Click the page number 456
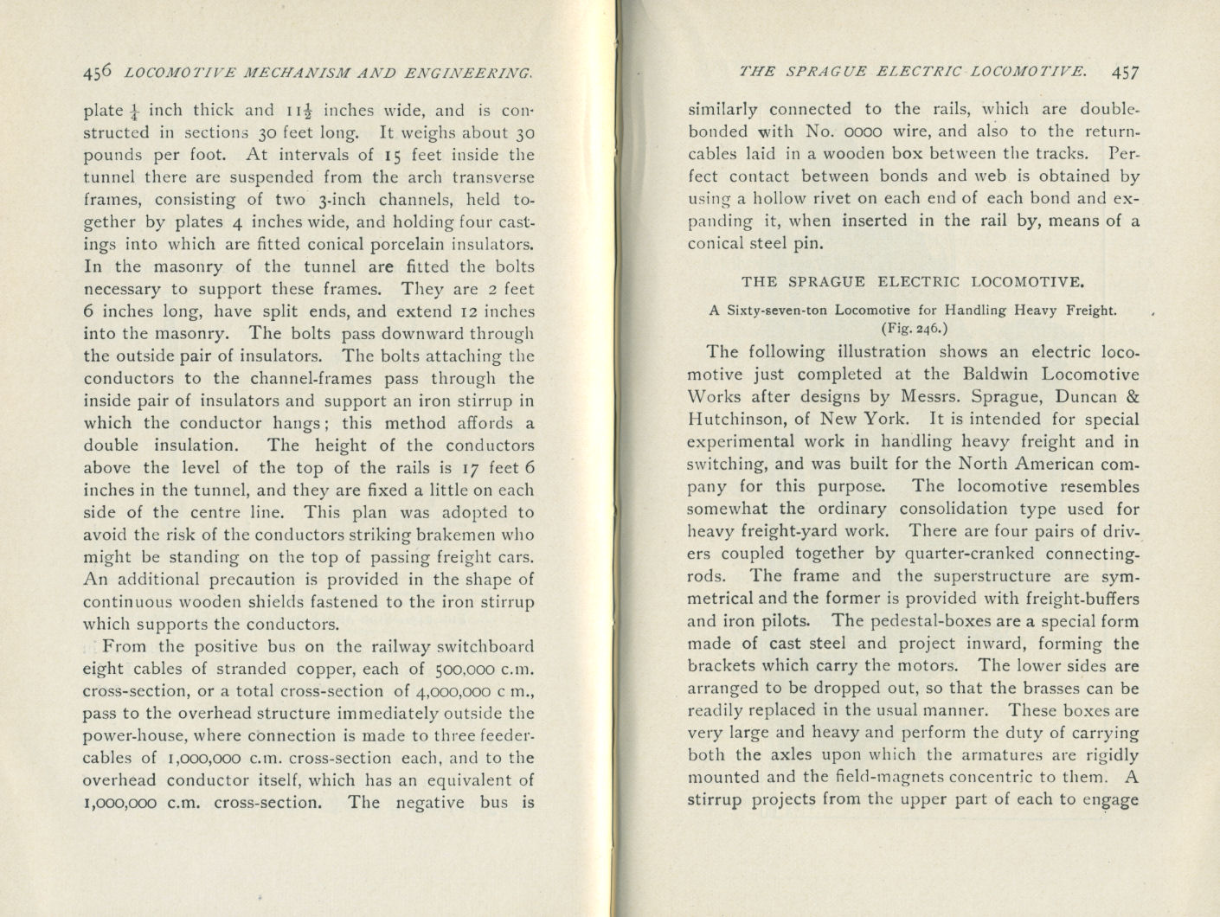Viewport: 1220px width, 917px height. [x=98, y=74]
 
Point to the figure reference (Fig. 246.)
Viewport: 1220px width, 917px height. [x=914, y=328]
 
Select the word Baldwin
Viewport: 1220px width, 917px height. [x=995, y=375]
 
